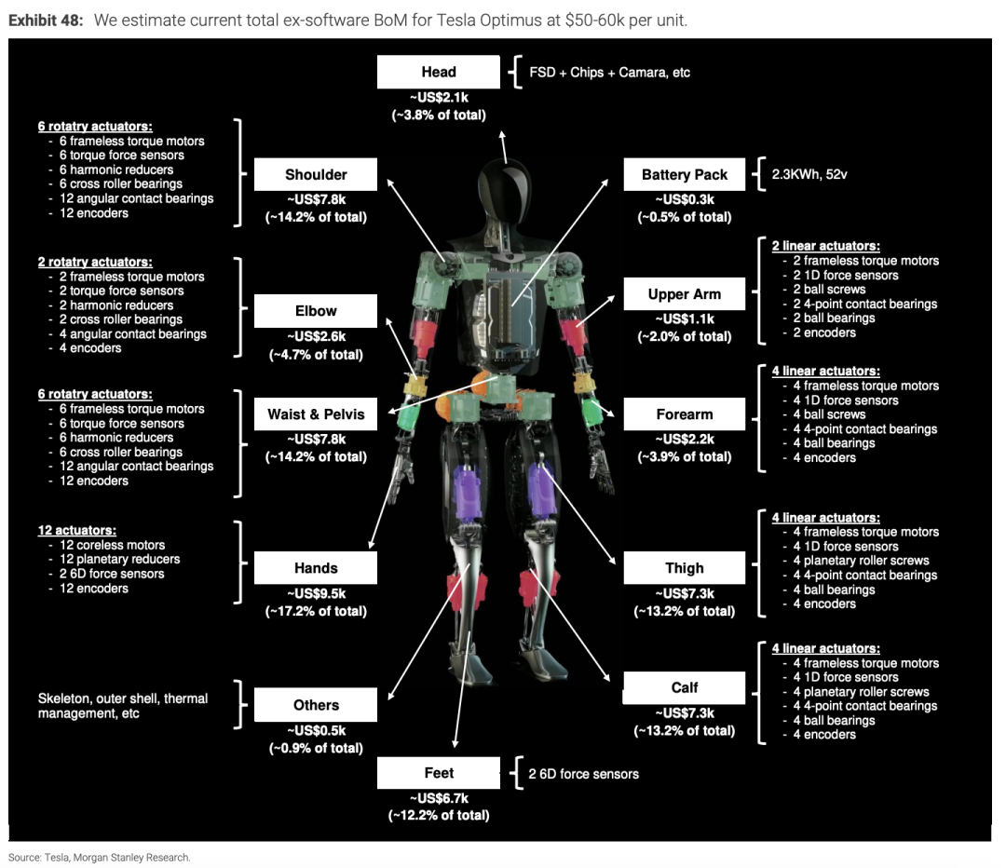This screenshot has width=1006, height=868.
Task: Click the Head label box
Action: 438,72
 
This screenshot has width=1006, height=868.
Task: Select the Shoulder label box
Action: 316,174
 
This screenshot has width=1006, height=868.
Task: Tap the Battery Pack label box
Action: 685,174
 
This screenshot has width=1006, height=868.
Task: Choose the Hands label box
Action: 316,568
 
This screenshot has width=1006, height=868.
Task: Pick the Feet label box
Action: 438,773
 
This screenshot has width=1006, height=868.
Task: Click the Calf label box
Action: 685,687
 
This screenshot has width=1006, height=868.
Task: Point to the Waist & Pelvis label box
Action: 316,414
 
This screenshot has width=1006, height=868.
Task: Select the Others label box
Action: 316,705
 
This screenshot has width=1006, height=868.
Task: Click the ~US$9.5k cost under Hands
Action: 316,593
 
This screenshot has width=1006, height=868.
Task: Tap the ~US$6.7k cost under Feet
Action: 438,798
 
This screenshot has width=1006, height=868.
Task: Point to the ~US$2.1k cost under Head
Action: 438,97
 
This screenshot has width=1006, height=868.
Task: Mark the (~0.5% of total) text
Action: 685,217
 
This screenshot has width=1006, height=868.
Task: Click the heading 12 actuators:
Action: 76,530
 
